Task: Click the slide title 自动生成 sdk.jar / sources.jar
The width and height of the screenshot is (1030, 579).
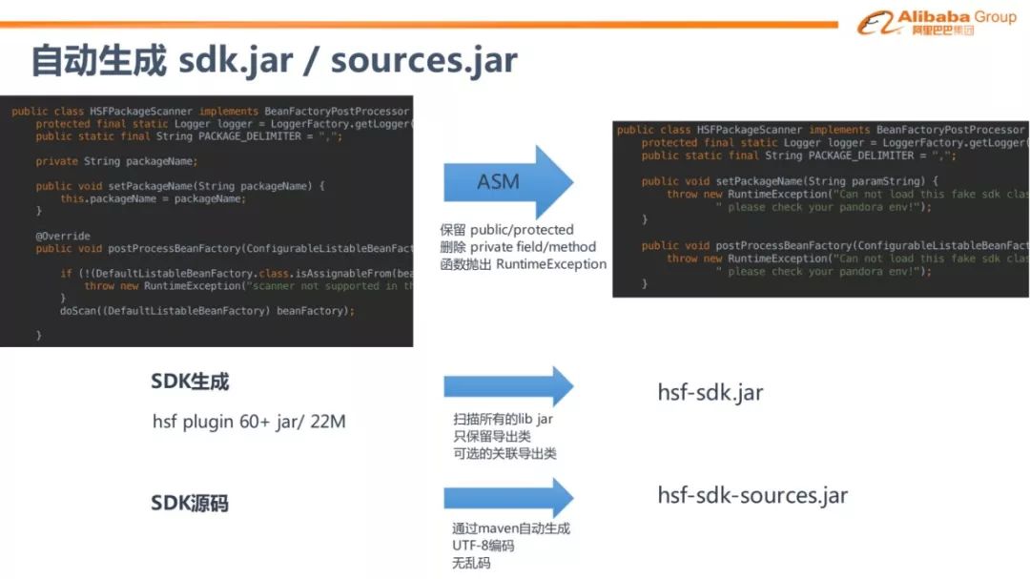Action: point(274,60)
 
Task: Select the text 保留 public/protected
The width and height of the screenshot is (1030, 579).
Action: point(506,230)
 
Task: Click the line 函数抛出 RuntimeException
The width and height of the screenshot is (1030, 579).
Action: point(523,264)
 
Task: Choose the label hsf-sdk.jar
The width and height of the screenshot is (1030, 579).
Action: point(711,392)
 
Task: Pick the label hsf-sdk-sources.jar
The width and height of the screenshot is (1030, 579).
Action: point(752,495)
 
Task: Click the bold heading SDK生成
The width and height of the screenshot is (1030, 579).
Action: point(190,382)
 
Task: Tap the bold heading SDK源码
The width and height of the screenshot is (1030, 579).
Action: point(190,504)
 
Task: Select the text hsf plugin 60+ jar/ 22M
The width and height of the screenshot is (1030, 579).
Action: point(249,421)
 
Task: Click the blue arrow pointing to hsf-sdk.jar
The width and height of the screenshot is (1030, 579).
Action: point(507,385)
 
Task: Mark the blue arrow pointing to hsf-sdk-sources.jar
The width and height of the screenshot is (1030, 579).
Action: point(507,497)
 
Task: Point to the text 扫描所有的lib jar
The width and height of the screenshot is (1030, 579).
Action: point(503,419)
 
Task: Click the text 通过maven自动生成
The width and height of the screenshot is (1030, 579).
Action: point(511,528)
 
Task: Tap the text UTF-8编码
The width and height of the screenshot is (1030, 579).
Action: point(483,546)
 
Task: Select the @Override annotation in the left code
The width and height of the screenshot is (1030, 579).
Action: point(63,236)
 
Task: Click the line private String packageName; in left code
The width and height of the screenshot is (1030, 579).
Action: point(116,161)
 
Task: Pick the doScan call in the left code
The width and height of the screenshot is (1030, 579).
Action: point(206,311)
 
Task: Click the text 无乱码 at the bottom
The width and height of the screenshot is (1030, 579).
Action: point(471,563)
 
